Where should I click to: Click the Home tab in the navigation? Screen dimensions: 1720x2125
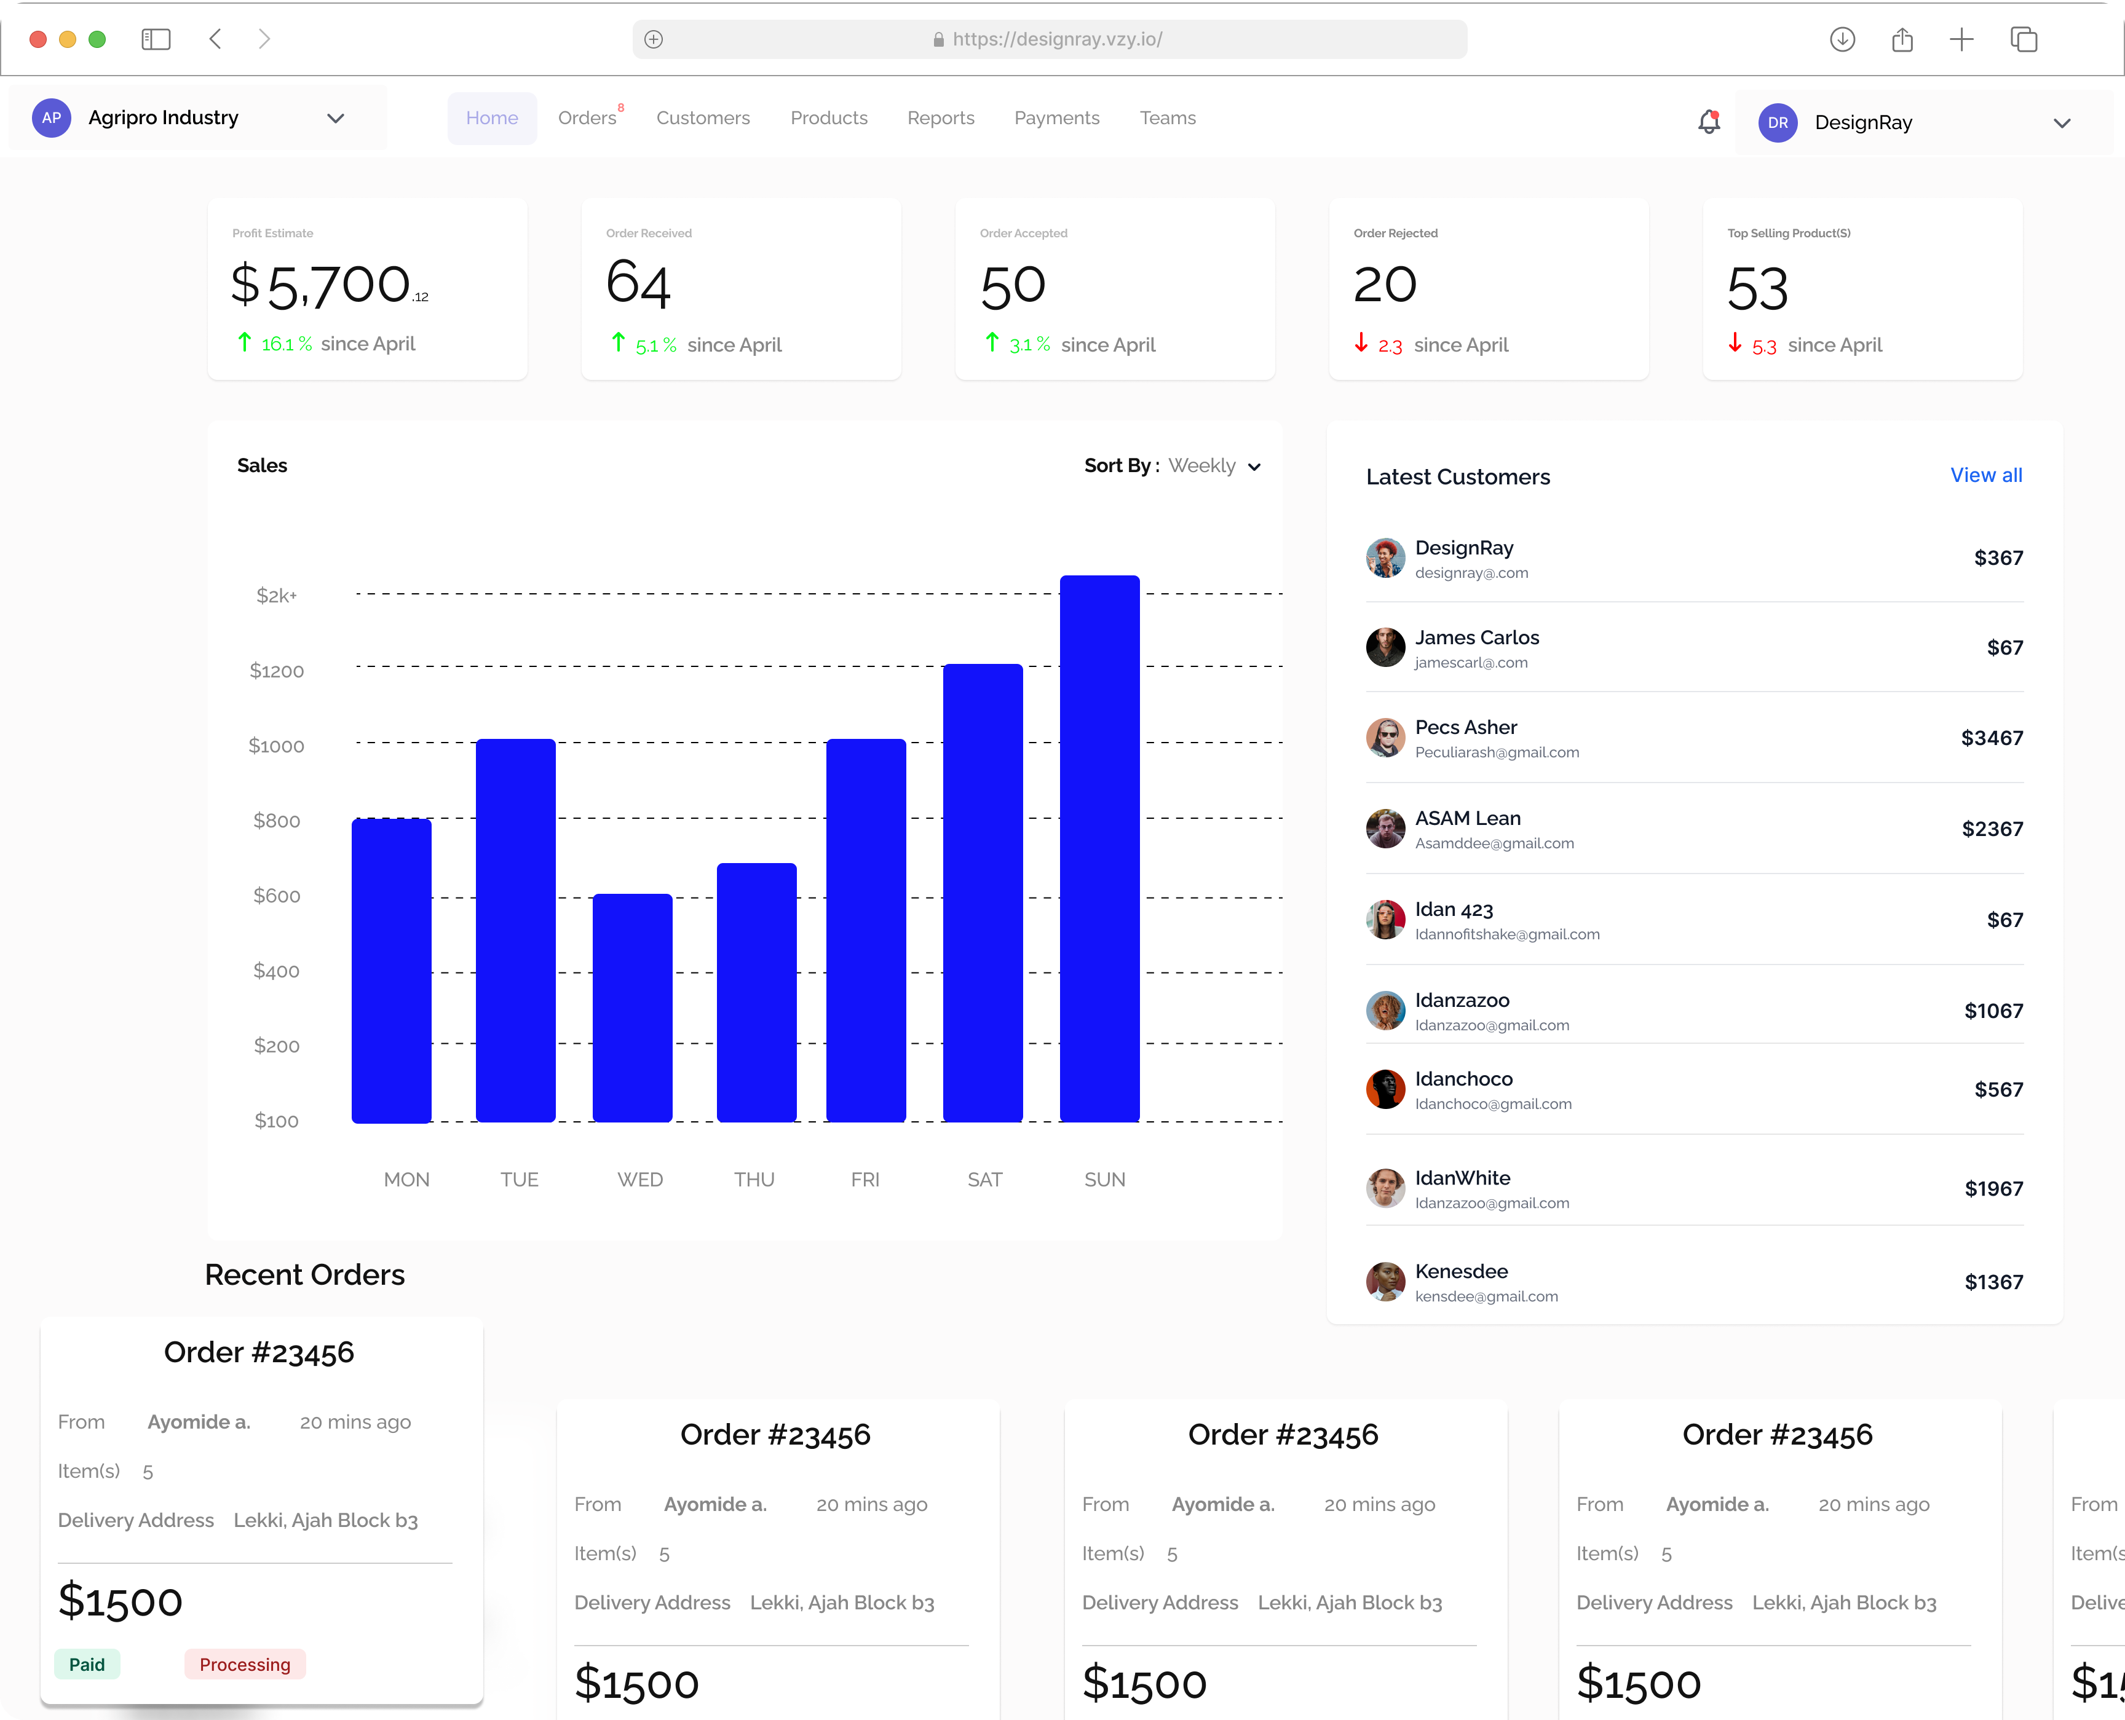(x=492, y=118)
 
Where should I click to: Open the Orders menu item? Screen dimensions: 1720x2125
(x=587, y=118)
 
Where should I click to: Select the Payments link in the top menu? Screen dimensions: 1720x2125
(x=1056, y=118)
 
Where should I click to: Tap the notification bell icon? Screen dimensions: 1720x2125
(x=1709, y=122)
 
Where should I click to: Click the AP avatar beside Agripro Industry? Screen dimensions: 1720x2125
(x=52, y=118)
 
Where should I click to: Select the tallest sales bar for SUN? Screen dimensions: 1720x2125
(x=1099, y=848)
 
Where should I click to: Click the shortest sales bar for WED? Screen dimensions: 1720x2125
(x=632, y=1008)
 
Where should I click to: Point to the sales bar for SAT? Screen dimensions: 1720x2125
(x=982, y=893)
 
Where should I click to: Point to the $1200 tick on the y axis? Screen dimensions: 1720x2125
(x=277, y=671)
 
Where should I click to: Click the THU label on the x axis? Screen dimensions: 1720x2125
(x=754, y=1179)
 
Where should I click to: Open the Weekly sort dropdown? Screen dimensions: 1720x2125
(x=1214, y=466)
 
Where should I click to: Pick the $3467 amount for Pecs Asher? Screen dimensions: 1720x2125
(x=1991, y=738)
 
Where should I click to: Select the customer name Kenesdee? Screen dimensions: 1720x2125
(x=1461, y=1271)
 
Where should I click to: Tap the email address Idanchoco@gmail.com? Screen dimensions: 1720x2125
(x=1493, y=1103)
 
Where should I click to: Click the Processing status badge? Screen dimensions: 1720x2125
(x=245, y=1665)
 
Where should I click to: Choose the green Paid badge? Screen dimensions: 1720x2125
(x=87, y=1665)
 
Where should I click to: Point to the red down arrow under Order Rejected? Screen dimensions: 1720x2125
(x=1361, y=343)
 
